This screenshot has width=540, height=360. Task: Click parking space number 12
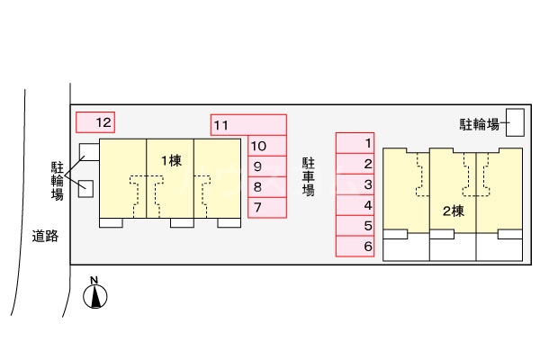[x=94, y=121]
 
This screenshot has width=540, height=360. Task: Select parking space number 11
[x=248, y=125]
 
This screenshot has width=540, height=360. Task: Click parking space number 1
[x=355, y=142]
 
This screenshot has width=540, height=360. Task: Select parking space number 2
[x=355, y=164]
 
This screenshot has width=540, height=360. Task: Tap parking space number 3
[x=355, y=184]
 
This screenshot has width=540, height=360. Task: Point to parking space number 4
[x=355, y=205]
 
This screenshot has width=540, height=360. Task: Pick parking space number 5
[x=355, y=226]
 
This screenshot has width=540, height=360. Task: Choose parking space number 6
[x=355, y=247]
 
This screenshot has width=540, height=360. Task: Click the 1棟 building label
[x=171, y=160]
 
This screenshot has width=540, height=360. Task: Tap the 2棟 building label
[x=453, y=212]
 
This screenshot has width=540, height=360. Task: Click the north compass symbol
[x=94, y=294]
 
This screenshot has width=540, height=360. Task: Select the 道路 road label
[x=44, y=237]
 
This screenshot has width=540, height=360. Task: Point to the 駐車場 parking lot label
[x=309, y=176]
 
